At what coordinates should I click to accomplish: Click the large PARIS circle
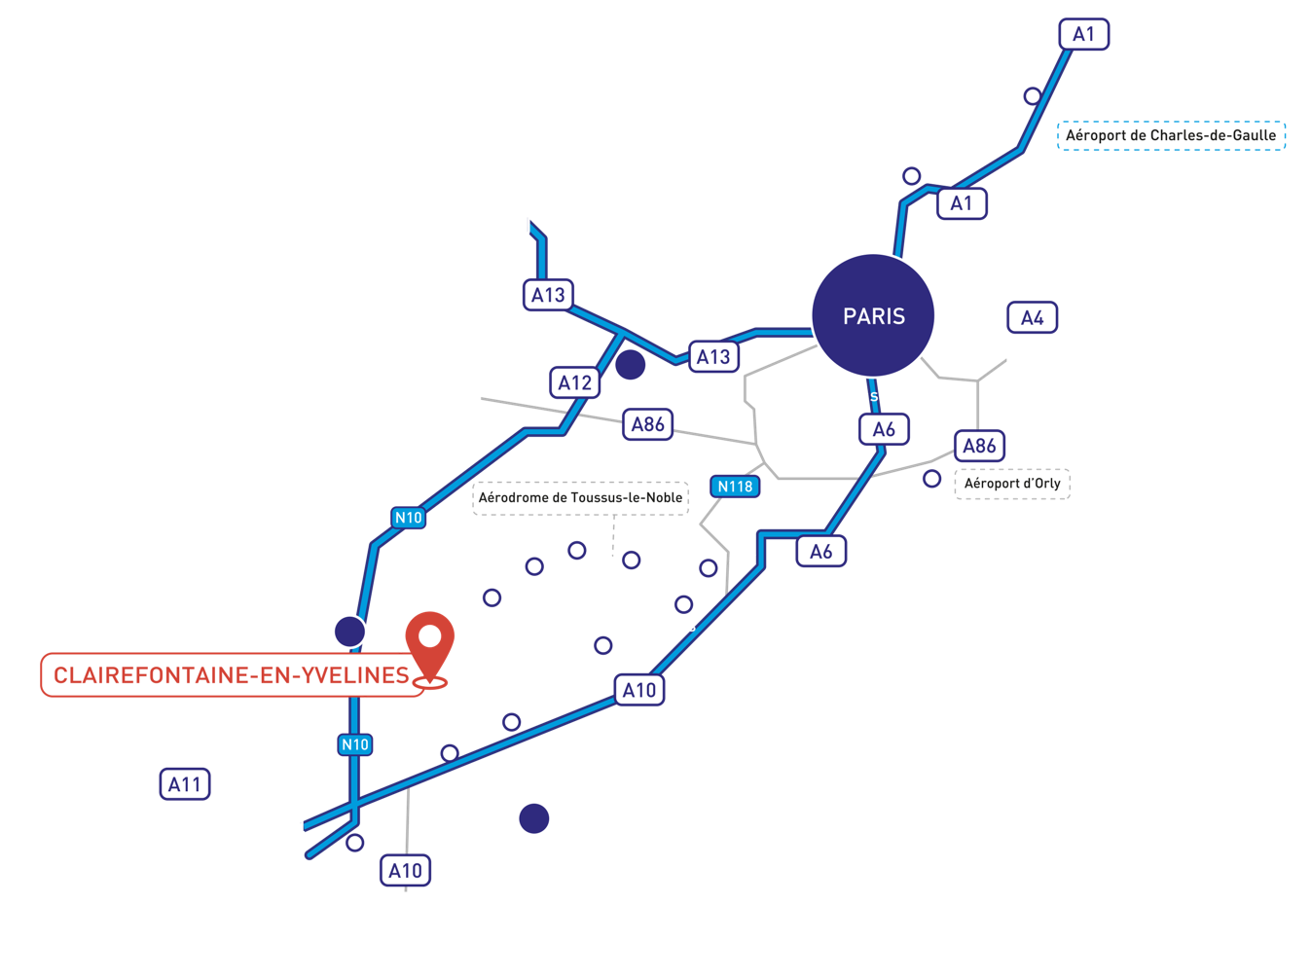873,315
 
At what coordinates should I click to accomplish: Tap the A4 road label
1032,317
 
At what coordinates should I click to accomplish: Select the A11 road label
185,783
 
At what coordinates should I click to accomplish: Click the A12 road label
574,382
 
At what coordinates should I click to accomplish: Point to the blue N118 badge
735,487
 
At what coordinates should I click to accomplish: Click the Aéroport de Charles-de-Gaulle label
1171,135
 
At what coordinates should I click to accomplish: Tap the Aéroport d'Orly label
1012,483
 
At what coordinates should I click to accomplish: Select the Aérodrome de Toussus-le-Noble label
580,497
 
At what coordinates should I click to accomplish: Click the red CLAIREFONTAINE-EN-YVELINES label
232,674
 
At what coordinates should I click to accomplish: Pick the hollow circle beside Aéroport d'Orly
931,479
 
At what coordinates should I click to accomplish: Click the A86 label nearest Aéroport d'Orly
979,446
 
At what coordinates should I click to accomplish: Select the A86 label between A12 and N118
647,424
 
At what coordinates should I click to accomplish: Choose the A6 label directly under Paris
884,429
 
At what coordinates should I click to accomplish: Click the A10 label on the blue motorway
639,690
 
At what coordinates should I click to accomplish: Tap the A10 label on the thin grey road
405,870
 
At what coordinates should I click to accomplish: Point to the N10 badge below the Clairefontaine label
355,744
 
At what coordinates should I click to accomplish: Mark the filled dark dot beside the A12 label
630,364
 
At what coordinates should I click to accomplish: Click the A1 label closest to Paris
962,203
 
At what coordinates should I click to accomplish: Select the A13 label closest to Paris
713,356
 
